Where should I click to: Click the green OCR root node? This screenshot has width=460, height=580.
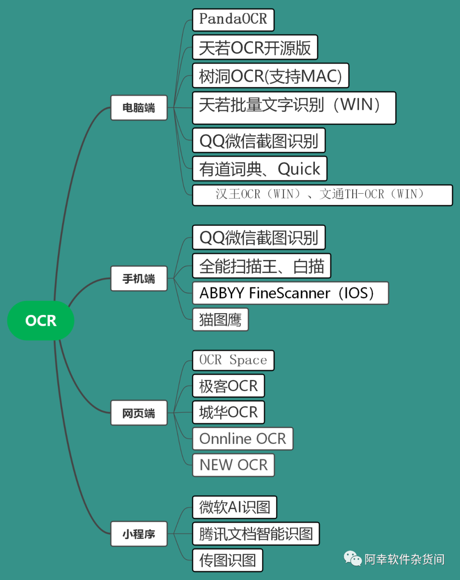[41, 320]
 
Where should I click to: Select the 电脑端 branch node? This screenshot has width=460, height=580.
[139, 108]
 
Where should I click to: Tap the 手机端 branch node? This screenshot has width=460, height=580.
[139, 279]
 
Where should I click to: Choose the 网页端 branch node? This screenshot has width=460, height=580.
[139, 413]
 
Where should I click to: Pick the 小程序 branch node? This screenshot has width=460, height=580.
[139, 534]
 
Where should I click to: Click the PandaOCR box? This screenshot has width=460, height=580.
[233, 20]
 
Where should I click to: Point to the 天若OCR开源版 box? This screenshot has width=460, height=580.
[255, 48]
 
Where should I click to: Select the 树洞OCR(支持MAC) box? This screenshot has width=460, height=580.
[270, 76]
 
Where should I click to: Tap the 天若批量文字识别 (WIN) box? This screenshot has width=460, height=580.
[294, 108]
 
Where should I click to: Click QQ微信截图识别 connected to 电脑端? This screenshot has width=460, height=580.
[259, 140]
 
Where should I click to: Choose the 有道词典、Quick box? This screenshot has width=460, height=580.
[259, 169]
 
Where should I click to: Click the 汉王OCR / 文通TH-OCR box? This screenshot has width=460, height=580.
[322, 195]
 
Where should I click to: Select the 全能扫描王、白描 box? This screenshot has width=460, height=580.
[262, 266]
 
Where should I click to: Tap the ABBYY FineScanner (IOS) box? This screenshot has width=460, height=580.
[290, 293]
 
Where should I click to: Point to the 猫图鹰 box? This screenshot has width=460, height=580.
[220, 319]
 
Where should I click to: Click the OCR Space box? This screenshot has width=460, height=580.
[233, 360]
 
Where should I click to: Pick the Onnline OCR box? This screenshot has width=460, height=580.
[243, 439]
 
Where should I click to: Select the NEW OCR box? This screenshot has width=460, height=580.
[233, 465]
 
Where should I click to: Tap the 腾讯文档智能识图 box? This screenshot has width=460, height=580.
[256, 534]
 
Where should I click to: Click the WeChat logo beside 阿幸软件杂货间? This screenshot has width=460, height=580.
[353, 558]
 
